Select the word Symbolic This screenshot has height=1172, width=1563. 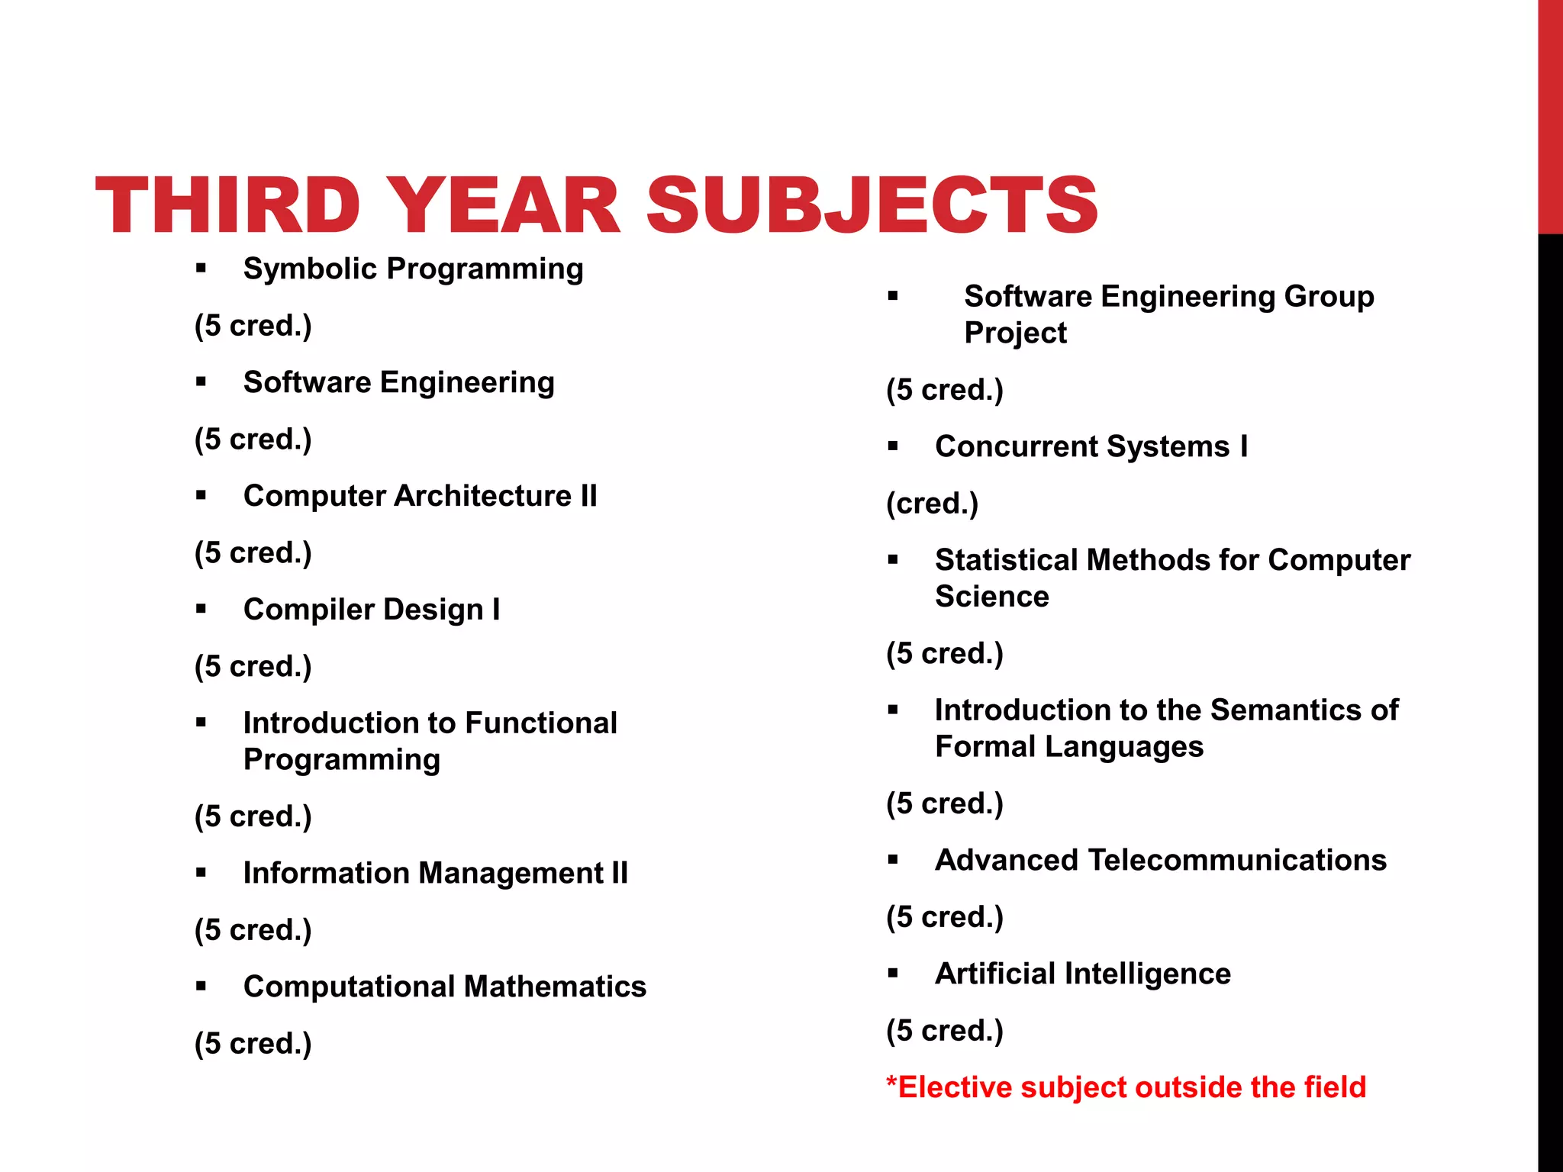[310, 269]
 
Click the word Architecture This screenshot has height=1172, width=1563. [484, 496]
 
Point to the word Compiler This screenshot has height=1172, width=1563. [309, 610]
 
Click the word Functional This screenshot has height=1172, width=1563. [541, 723]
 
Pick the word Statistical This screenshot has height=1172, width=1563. [1007, 560]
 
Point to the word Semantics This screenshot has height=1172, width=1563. [1285, 710]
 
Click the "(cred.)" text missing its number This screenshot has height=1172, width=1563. [932, 504]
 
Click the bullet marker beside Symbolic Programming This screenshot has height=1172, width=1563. [201, 268]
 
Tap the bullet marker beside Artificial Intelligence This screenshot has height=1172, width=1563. [893, 973]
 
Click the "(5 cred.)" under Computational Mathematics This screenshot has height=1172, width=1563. [253, 1044]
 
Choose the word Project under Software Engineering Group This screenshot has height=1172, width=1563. [1015, 333]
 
